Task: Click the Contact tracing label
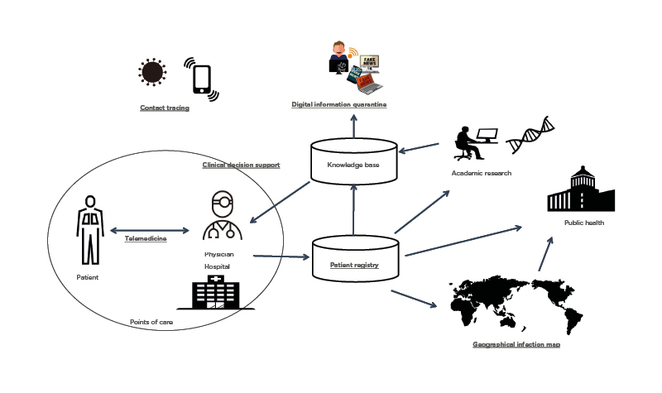[x=165, y=108]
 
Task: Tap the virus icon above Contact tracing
[x=152, y=72]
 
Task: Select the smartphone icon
[x=202, y=79]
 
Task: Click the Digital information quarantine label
[x=339, y=104]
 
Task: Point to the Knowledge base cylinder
[x=353, y=164]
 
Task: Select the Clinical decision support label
[x=241, y=165]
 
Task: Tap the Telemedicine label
[x=146, y=238]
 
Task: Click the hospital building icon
[x=215, y=294]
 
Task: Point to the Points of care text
[x=151, y=322]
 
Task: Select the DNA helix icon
[x=530, y=135]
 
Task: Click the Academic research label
[x=482, y=173]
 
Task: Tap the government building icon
[x=581, y=189]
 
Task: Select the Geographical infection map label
[x=516, y=343]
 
